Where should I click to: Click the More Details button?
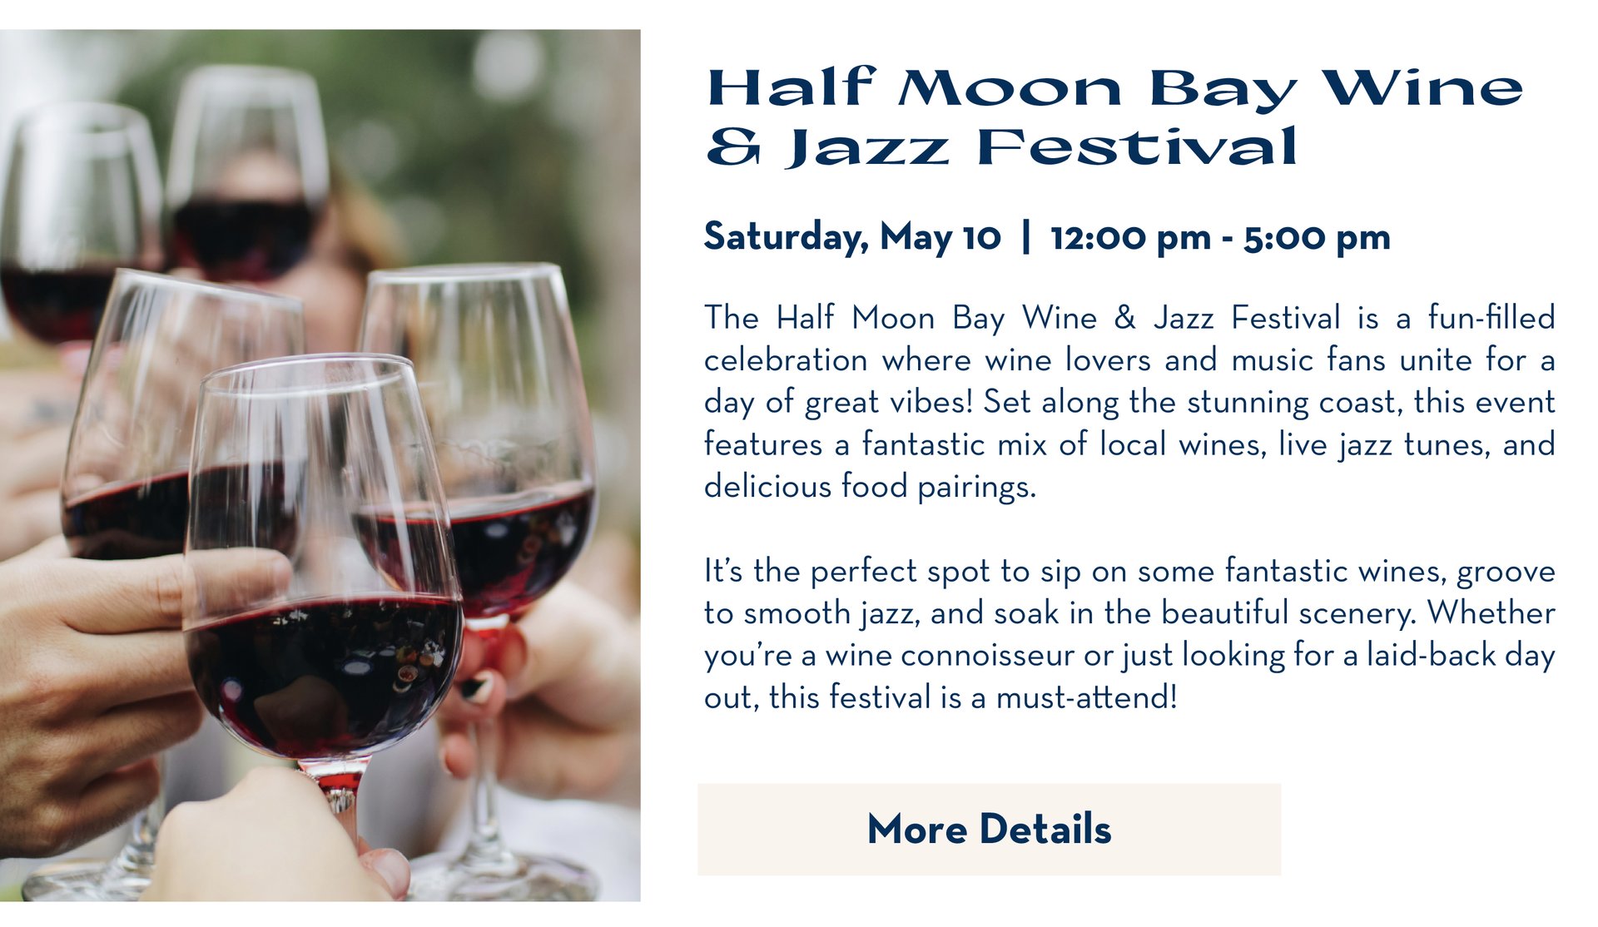989,829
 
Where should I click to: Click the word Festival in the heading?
1137,147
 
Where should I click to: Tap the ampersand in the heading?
733,147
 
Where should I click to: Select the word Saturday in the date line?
787,237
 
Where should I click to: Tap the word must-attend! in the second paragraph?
1087,697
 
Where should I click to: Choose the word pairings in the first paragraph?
977,488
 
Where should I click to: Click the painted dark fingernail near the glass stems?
477,687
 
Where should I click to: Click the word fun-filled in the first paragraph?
1491,318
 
